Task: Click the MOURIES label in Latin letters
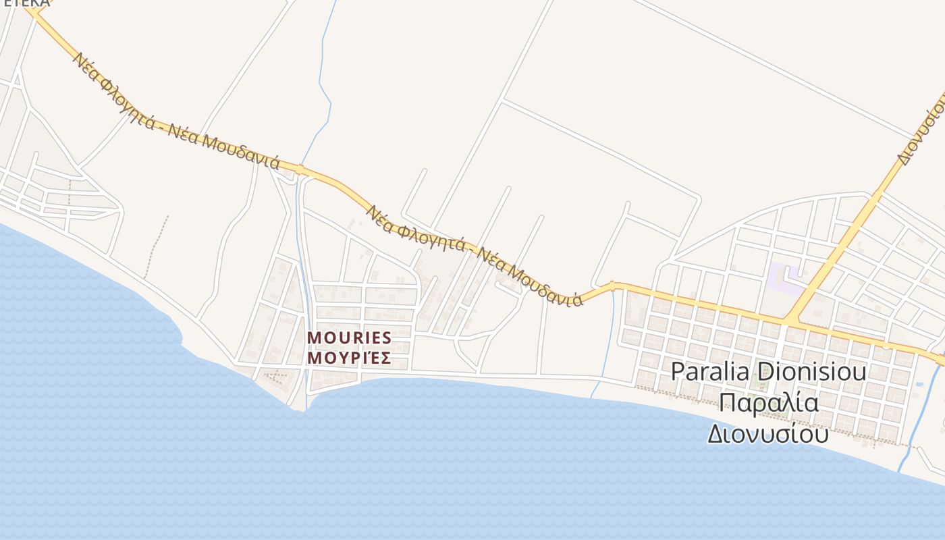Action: pos(349,337)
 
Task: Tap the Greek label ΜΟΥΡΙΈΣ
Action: pos(349,356)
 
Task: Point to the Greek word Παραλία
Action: pos(769,403)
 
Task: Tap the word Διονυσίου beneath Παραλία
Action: pos(768,433)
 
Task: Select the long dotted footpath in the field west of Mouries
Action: pos(156,246)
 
